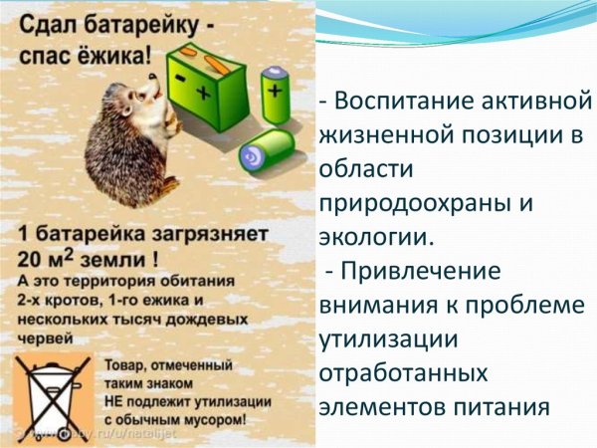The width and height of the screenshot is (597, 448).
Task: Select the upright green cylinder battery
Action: click(275, 95)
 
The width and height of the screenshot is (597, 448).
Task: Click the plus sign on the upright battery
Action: click(275, 88)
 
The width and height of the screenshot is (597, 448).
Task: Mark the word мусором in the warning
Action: click(213, 419)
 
